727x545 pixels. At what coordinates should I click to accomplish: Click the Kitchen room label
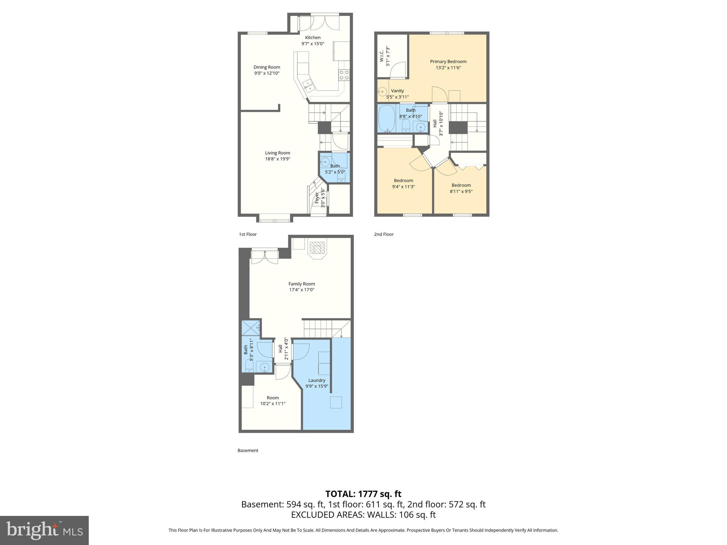(x=313, y=38)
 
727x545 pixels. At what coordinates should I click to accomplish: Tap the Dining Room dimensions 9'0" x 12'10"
(x=267, y=73)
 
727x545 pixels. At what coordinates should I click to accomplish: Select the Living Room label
(x=278, y=153)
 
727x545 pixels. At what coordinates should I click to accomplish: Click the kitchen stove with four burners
(x=344, y=75)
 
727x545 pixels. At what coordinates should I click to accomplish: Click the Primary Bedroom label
(x=448, y=61)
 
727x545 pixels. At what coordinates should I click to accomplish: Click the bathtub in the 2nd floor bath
(x=387, y=118)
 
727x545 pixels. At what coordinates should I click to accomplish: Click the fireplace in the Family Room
(x=317, y=249)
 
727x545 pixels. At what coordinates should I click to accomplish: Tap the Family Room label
(x=301, y=284)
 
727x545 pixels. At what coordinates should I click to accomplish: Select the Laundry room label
(x=317, y=380)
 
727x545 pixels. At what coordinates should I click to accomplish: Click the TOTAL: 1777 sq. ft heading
(x=363, y=494)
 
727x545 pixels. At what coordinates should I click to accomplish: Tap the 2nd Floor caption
(x=384, y=234)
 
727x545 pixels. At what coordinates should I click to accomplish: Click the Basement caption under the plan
(x=248, y=450)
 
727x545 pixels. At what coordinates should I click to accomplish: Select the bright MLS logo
(x=44, y=530)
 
